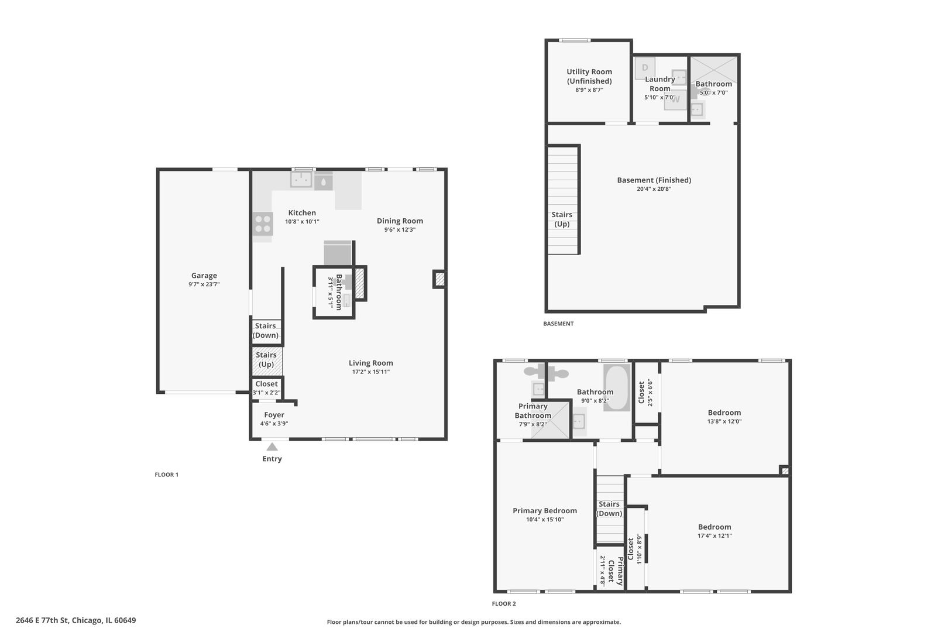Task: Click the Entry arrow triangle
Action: click(272, 446)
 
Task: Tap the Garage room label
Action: click(204, 275)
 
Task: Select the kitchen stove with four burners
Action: click(262, 224)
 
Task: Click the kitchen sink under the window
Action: click(301, 179)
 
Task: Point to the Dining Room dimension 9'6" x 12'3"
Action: click(400, 230)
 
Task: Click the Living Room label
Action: click(371, 363)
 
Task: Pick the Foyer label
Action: click(274, 415)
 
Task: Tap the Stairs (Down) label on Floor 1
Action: click(265, 331)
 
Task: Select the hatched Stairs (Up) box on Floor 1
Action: click(267, 361)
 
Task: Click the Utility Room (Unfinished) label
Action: click(589, 76)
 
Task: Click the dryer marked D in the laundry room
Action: click(645, 68)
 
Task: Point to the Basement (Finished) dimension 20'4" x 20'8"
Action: click(654, 189)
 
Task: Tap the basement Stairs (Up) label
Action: click(562, 219)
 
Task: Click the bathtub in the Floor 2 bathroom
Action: click(617, 387)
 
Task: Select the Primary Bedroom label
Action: click(545, 510)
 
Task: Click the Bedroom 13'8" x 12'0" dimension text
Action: click(724, 421)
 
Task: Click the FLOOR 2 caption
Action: click(504, 604)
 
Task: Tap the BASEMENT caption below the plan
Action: click(558, 324)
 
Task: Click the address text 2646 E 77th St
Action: click(42, 620)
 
